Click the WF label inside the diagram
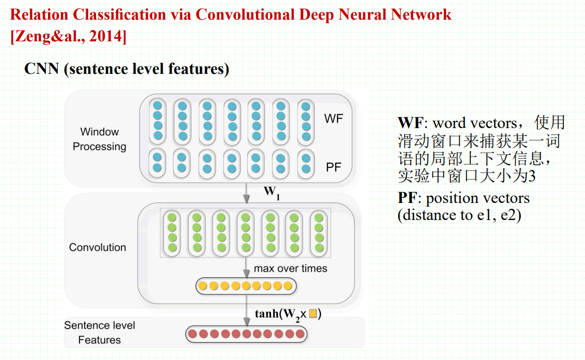(333, 119)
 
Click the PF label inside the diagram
(333, 167)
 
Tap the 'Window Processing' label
(99, 139)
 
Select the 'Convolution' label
(98, 247)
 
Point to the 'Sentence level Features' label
(100, 333)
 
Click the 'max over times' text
(290, 269)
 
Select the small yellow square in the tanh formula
(313, 313)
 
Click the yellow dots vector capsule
(246, 286)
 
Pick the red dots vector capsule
(246, 334)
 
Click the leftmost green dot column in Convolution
(172, 232)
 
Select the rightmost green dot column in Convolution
(319, 232)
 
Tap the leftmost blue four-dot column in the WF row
(157, 120)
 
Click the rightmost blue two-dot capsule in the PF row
(306, 163)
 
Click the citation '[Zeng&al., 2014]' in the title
(68, 37)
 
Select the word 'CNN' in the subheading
(41, 69)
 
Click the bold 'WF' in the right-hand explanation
(411, 123)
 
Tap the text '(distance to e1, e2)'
(459, 215)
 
